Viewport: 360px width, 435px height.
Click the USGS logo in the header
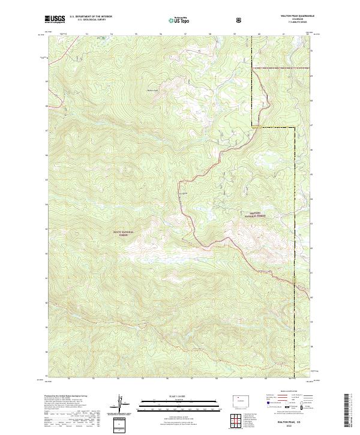55,20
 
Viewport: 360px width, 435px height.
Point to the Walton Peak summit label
152,91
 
